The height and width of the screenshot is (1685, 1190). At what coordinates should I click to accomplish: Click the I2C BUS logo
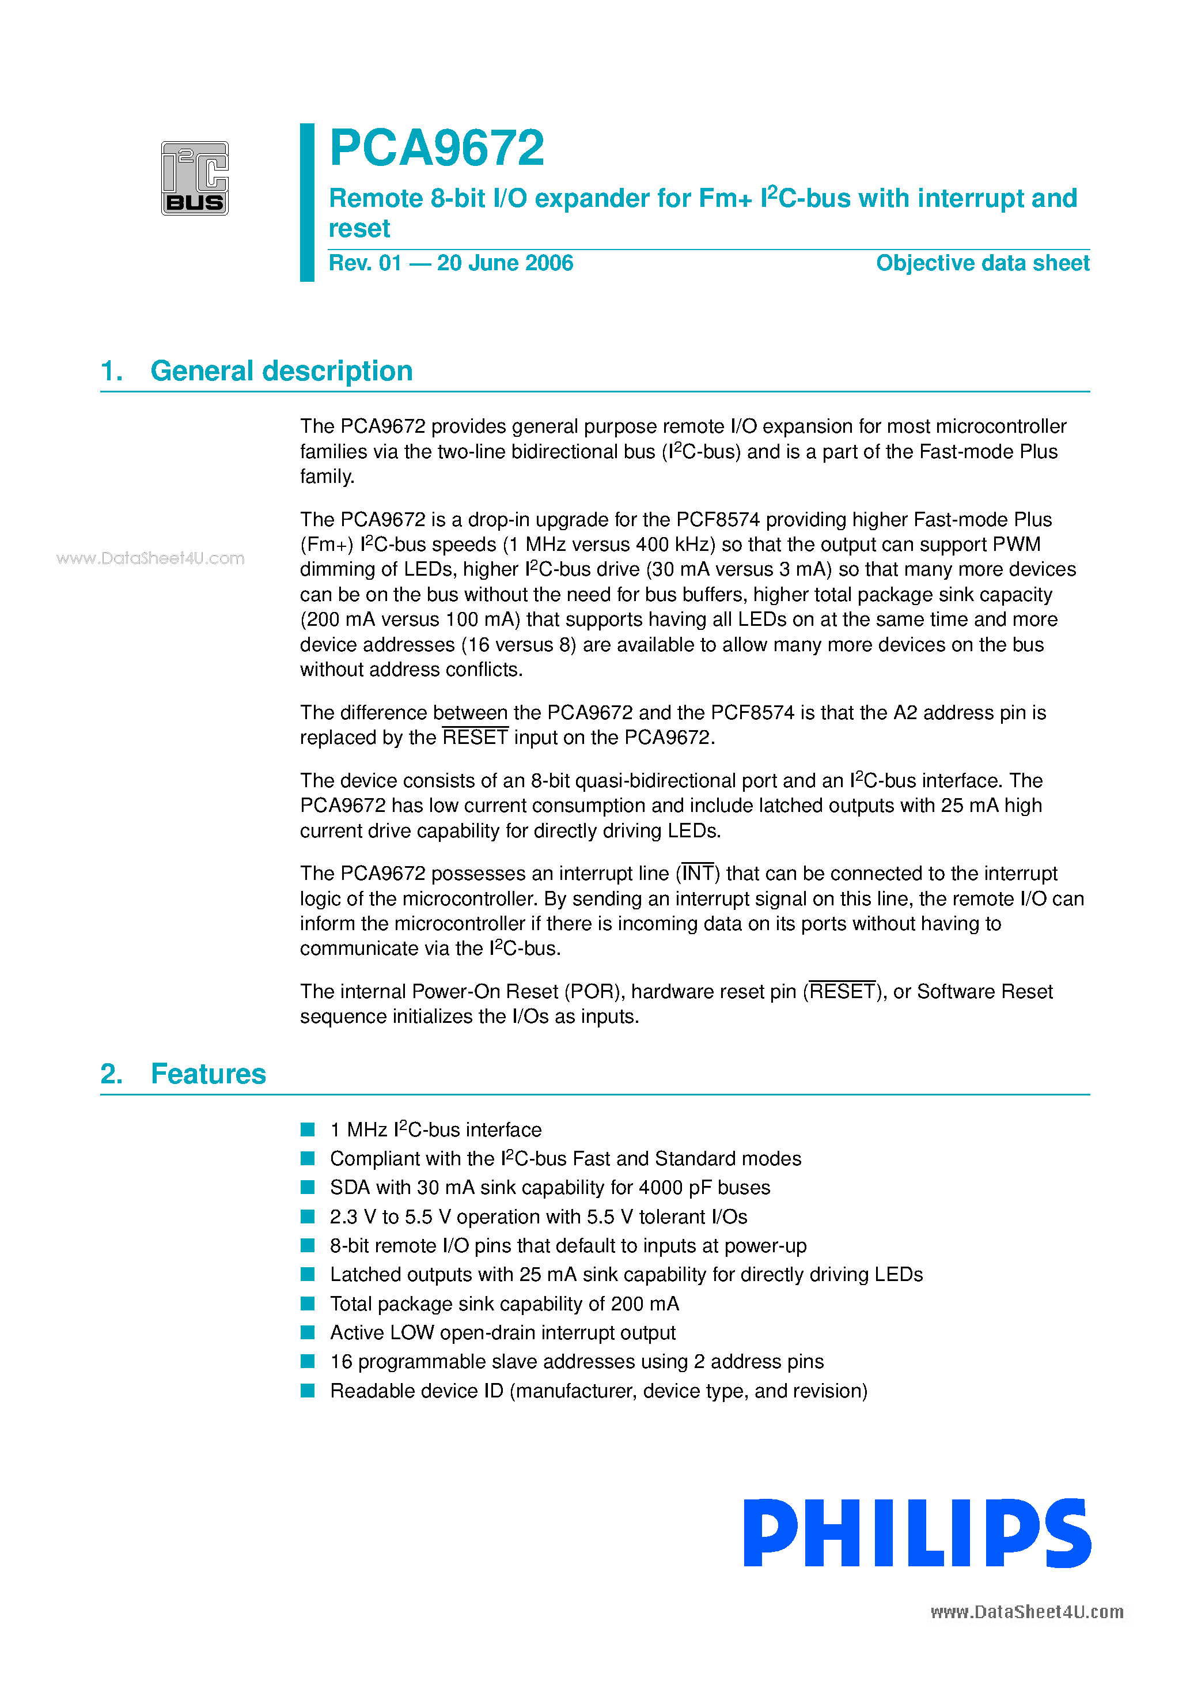tap(195, 178)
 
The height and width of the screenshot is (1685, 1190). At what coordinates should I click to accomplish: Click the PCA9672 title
tap(437, 148)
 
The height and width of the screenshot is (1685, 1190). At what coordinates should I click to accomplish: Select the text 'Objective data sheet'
tap(983, 263)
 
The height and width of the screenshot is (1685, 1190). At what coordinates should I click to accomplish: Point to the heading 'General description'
tap(281, 371)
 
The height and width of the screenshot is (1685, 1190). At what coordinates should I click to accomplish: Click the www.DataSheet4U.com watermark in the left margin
tap(150, 558)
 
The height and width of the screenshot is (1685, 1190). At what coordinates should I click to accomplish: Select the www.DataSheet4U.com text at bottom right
tap(1026, 1612)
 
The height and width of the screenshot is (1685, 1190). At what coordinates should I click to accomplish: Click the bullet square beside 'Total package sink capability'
tap(308, 1304)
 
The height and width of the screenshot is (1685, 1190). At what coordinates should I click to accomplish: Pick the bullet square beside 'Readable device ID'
tap(308, 1391)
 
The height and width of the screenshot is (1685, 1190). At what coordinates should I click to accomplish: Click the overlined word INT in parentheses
tap(697, 873)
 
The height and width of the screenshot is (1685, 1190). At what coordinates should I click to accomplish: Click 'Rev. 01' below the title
tap(365, 263)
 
